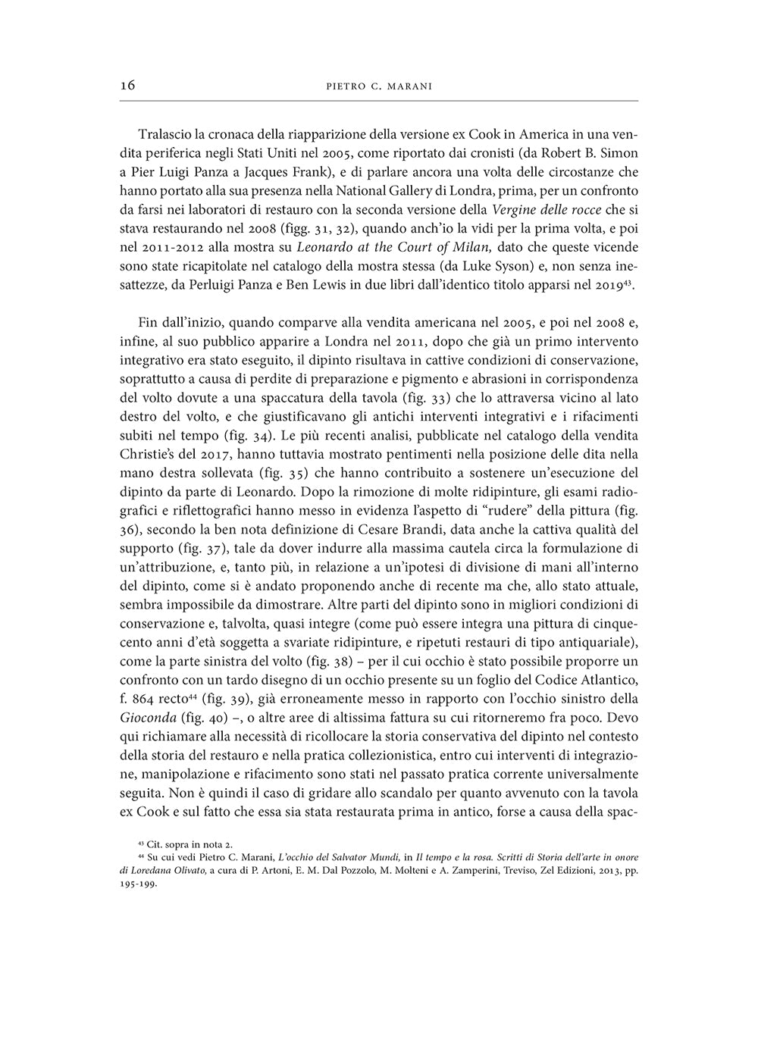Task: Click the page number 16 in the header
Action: pyautogui.click(x=127, y=86)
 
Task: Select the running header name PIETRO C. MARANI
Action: pyautogui.click(x=378, y=86)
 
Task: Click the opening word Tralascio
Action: pyautogui.click(x=165, y=135)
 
